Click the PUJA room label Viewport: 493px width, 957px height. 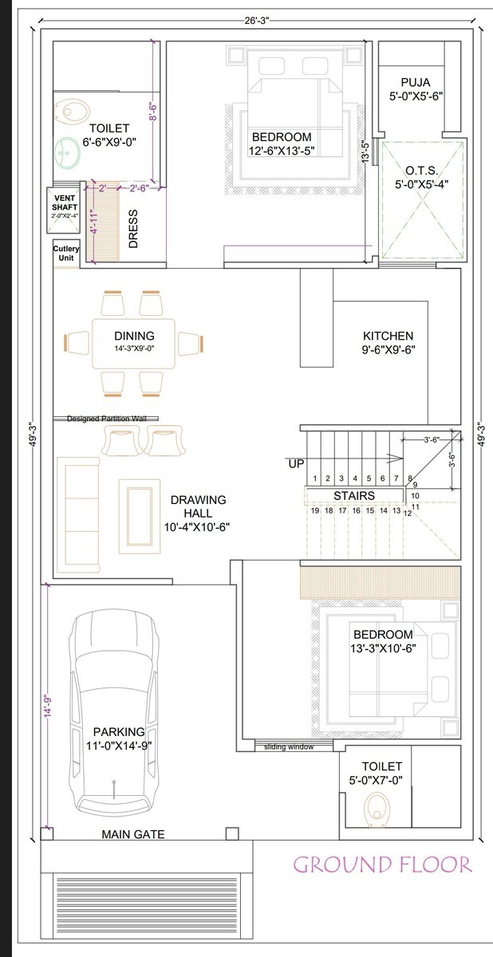[x=416, y=82]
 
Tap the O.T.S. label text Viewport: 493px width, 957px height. [x=422, y=171]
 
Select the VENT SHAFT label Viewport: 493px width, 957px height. [x=65, y=203]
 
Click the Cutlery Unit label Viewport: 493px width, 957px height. [x=65, y=253]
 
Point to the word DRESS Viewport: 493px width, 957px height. [x=133, y=229]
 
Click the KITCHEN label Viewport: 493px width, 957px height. [x=388, y=336]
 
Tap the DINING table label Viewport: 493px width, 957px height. [x=134, y=336]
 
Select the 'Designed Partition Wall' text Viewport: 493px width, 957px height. [x=106, y=419]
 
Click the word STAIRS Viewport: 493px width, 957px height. [x=354, y=495]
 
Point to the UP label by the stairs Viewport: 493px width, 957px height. [x=296, y=463]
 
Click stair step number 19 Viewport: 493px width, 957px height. [x=315, y=510]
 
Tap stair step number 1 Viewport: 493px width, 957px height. [x=315, y=478]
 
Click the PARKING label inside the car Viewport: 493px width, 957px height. [x=119, y=732]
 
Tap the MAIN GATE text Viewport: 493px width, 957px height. [x=133, y=834]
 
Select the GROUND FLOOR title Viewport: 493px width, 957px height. [x=383, y=864]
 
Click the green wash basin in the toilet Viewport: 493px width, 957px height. [x=67, y=152]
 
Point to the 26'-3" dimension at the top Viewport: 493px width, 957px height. [x=257, y=21]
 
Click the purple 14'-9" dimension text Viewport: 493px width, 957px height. [x=49, y=705]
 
